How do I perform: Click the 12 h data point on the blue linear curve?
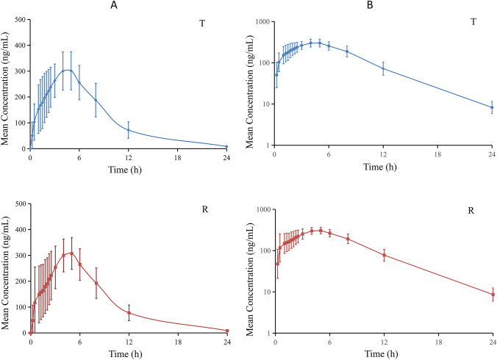[129, 130]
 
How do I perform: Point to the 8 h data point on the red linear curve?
[96, 283]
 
